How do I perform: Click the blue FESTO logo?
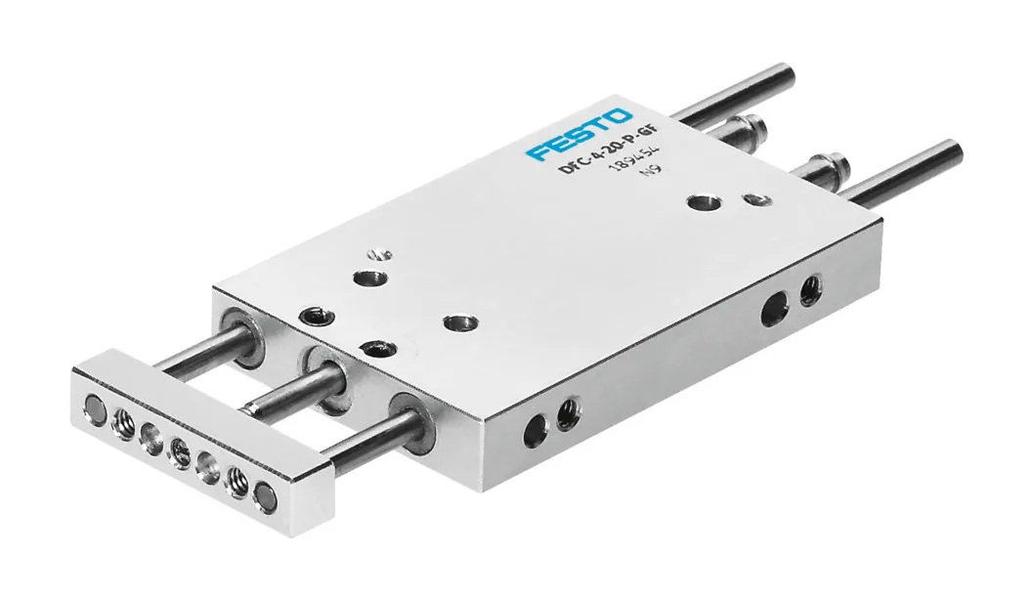coord(579,134)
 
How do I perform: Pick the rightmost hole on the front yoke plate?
coord(264,495)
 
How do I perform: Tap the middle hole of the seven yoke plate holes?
coord(179,452)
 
